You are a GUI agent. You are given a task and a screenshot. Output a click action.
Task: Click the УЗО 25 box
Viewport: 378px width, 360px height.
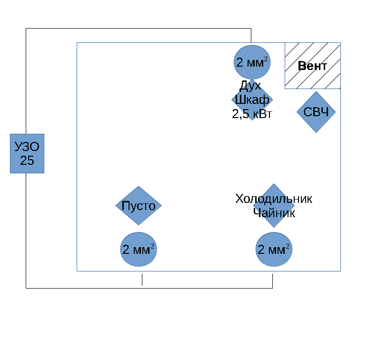[27, 153]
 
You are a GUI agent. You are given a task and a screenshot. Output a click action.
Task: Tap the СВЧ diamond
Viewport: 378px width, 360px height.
[316, 112]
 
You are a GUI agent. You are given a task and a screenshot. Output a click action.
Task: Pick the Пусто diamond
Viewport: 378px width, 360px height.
[139, 206]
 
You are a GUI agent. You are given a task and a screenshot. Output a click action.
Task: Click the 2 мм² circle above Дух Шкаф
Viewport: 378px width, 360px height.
[252, 62]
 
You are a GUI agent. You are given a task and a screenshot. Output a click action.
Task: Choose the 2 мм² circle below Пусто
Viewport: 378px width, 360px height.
[138, 250]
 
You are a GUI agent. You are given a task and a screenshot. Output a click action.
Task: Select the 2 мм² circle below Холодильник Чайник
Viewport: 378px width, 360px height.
[274, 250]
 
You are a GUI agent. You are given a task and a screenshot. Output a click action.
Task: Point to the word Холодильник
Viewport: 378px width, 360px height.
[274, 199]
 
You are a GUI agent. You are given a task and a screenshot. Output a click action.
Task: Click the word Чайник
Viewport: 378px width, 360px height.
[274, 213]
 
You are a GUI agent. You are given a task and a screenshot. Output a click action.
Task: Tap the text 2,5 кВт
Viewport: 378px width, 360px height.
[252, 113]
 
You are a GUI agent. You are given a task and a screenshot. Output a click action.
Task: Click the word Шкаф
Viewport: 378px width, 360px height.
[252, 100]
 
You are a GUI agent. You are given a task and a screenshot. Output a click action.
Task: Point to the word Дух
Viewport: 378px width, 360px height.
[250, 86]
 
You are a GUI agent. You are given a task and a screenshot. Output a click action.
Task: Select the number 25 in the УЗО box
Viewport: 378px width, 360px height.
[27, 160]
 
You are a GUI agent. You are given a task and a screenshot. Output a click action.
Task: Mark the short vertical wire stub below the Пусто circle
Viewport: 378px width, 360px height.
[142, 280]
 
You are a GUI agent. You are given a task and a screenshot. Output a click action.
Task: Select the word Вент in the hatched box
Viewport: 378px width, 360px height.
[312, 66]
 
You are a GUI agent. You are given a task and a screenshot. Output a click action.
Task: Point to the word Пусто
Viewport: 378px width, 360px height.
[139, 206]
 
